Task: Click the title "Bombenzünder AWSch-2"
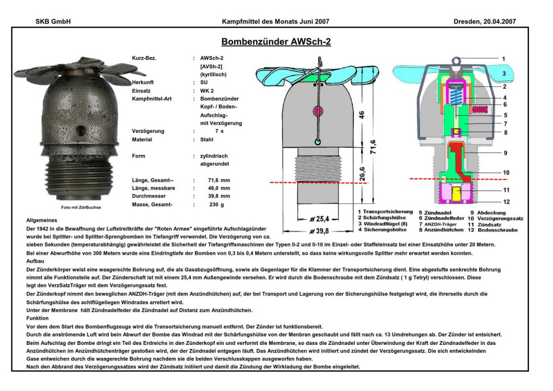point(276,42)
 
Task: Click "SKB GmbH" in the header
point(53,22)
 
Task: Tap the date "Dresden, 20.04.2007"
point(484,22)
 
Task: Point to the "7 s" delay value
point(219,131)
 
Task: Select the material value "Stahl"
point(207,139)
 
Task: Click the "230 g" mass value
point(216,204)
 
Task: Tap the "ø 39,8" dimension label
point(318,231)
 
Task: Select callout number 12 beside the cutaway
point(506,202)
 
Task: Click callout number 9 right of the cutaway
point(506,153)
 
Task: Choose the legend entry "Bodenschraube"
point(498,230)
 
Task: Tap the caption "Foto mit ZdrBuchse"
point(81,207)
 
